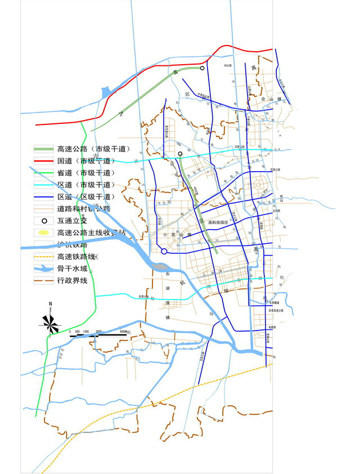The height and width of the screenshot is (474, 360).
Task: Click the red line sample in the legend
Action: [x=44, y=161]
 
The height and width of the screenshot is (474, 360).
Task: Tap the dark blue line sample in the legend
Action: [x=44, y=197]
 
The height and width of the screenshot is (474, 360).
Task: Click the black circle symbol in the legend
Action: [x=44, y=220]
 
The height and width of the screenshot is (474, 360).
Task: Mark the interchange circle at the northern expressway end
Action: [x=202, y=69]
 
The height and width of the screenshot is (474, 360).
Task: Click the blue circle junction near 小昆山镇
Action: [x=164, y=252]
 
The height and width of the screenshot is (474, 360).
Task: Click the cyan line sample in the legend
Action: [x=44, y=185]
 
